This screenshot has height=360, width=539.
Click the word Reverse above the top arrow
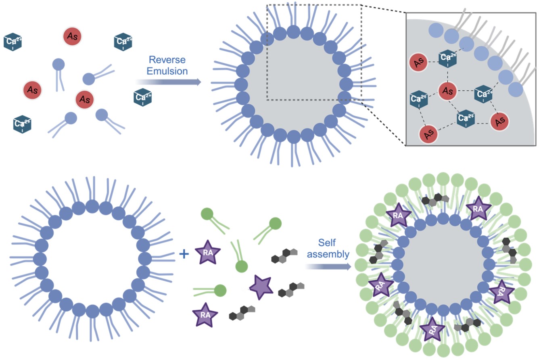point(167,60)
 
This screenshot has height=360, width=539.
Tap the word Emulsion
point(167,71)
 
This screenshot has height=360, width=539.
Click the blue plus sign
point(184,254)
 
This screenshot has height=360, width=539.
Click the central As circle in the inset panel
point(447,90)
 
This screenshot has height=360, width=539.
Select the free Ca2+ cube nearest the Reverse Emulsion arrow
point(142,97)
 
